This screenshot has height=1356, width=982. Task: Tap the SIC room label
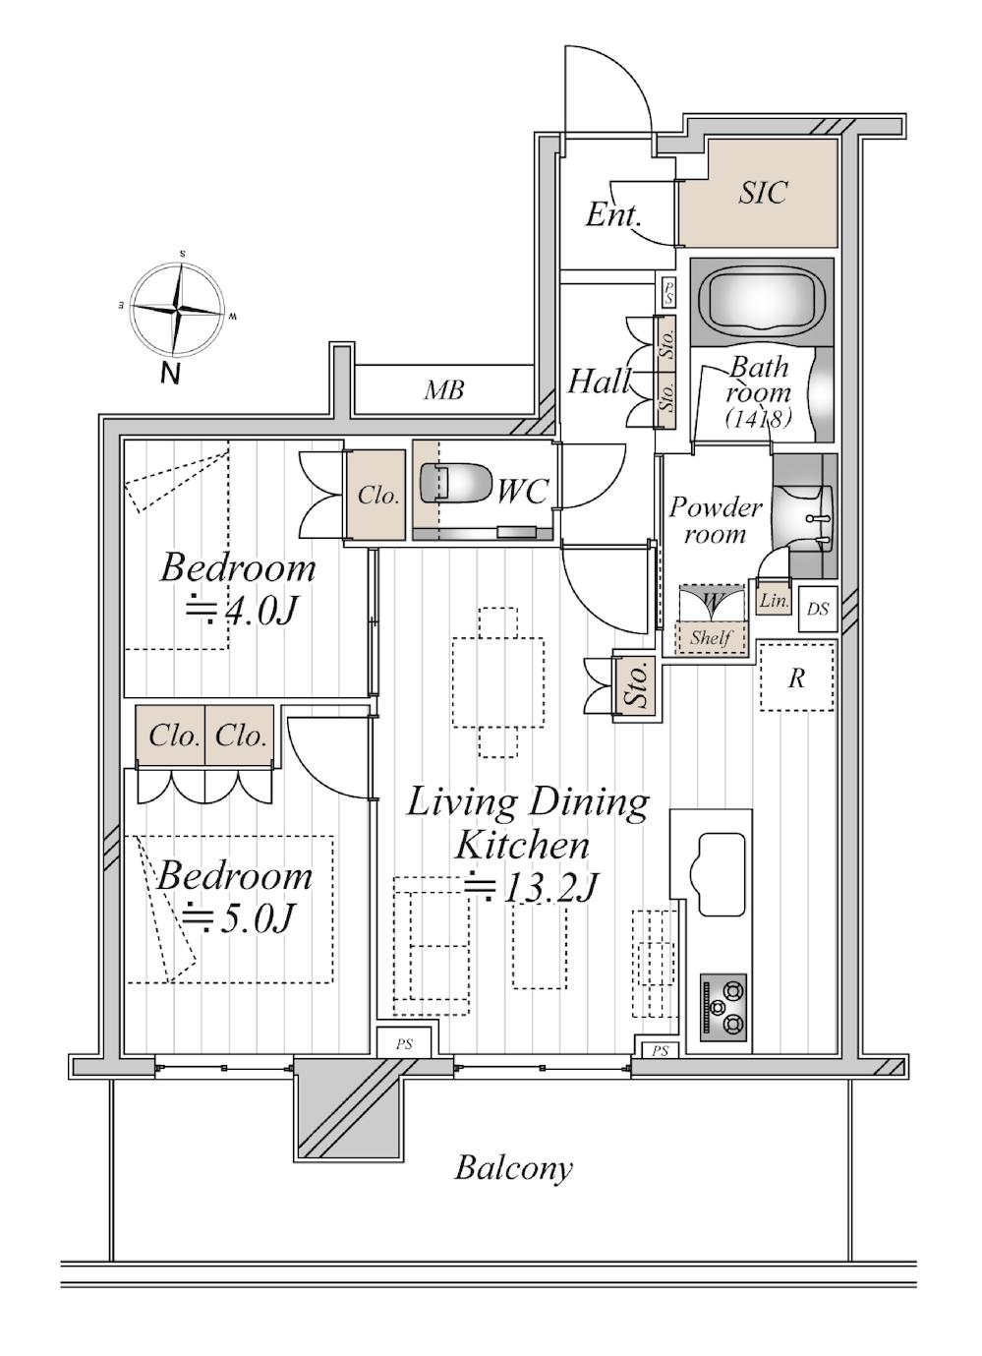tap(763, 192)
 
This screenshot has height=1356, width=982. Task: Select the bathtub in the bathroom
tap(762, 303)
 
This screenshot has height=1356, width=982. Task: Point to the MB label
tap(443, 390)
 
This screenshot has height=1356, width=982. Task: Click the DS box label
tap(818, 609)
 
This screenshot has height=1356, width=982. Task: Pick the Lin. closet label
tap(775, 601)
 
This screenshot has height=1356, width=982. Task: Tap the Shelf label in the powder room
tap(711, 637)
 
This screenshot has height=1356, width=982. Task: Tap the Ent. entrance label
tap(612, 215)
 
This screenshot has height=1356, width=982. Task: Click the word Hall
tap(599, 382)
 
